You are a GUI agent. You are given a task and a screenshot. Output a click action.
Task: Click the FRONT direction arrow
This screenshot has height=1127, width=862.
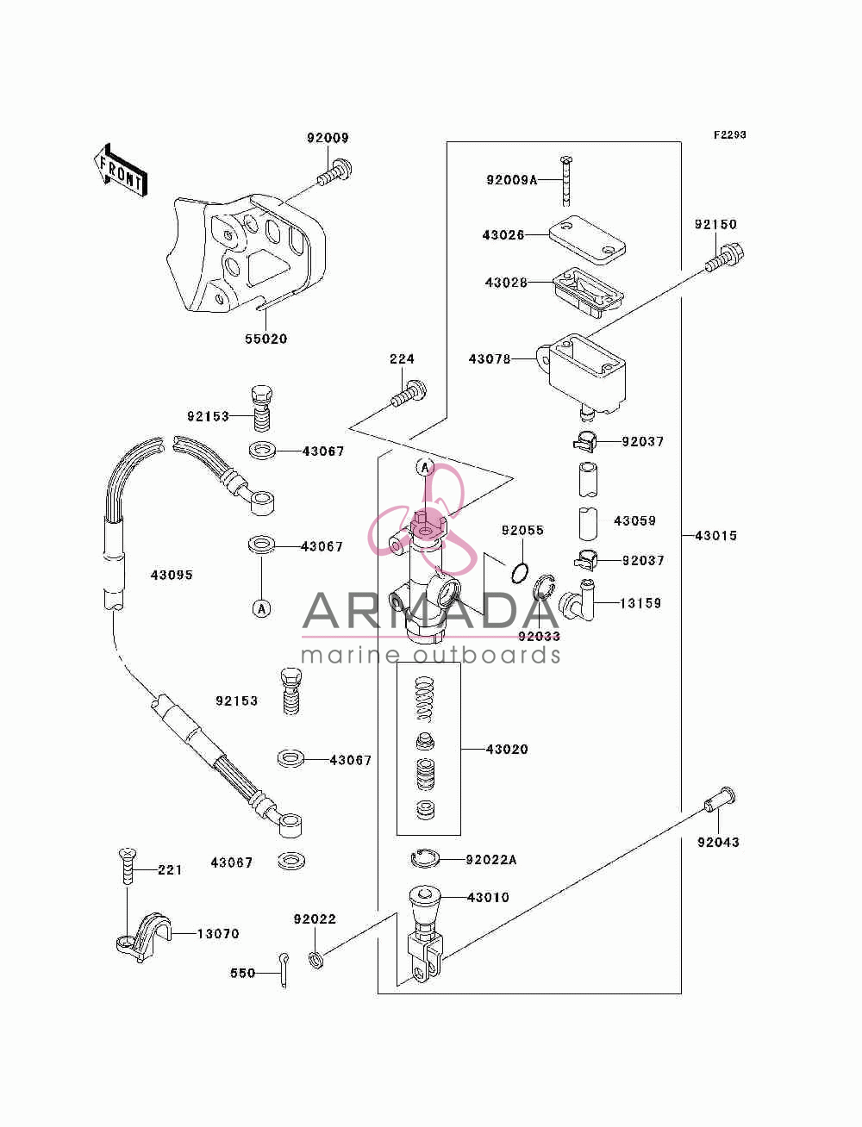click(120, 171)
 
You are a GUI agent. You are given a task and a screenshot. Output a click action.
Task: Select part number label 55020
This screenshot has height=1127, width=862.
click(265, 339)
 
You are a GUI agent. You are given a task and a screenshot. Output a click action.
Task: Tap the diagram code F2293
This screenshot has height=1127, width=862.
click(729, 135)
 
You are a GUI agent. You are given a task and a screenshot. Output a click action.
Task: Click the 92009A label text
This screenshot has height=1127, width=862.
click(511, 180)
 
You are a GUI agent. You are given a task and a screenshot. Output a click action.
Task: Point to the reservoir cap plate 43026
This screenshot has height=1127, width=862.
click(587, 240)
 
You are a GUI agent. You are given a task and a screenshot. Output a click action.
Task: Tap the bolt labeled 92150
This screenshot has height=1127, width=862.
click(725, 258)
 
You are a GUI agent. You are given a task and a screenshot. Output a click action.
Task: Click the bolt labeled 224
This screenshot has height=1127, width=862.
click(409, 393)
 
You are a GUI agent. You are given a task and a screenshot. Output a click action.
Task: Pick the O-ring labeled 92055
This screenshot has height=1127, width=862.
click(520, 572)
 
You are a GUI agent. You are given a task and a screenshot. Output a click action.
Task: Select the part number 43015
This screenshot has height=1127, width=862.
click(715, 536)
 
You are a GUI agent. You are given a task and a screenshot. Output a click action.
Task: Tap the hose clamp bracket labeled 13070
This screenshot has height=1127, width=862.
click(143, 937)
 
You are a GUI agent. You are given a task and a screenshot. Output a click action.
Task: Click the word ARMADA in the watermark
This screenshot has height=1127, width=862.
click(430, 610)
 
